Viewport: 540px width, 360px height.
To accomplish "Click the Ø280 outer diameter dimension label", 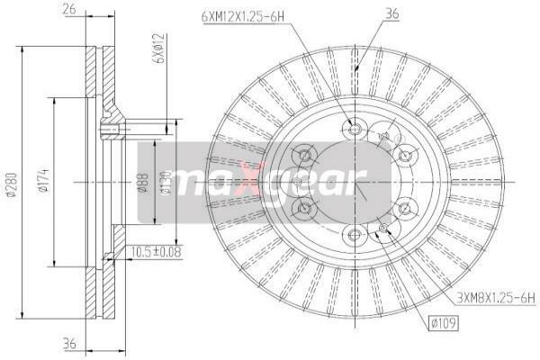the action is point(12,184).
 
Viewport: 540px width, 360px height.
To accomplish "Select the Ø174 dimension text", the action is point(44,181).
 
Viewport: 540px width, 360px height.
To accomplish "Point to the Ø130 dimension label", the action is point(166,183).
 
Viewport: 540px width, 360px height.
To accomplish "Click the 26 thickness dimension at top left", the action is point(69,9).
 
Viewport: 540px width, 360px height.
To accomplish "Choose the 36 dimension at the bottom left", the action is point(69,344).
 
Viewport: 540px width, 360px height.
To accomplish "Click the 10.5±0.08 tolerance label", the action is point(156,252).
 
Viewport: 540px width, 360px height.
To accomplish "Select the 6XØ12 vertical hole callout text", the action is point(160,49).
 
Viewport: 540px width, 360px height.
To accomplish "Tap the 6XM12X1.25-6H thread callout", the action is point(243,16).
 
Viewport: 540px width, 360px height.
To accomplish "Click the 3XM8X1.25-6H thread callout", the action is point(496,298).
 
